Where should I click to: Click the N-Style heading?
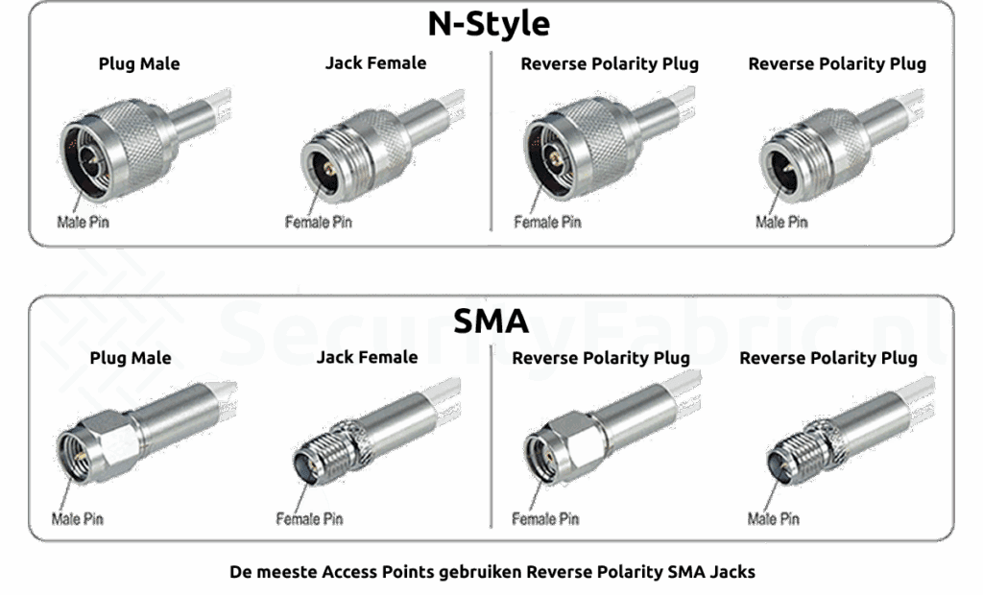[489, 24]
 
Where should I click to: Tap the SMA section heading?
[491, 321]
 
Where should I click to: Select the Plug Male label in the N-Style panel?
[139, 64]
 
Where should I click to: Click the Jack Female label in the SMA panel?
[367, 357]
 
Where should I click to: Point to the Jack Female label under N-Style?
[375, 63]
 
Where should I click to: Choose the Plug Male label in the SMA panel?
[131, 358]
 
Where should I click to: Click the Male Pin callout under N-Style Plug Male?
[83, 222]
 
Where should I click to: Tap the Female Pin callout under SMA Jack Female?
[310, 519]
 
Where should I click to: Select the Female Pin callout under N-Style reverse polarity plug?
[547, 222]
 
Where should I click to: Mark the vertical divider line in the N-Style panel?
[491, 141]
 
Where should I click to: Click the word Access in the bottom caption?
[346, 572]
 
